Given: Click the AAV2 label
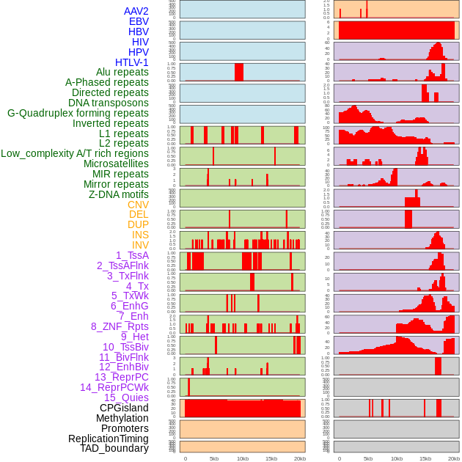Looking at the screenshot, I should (x=136, y=11).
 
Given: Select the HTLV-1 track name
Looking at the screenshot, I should (x=131, y=62).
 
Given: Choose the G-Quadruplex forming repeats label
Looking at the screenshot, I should (x=78, y=113).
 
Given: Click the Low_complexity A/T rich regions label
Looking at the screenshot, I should (x=75, y=153).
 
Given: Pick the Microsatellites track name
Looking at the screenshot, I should (x=116, y=164).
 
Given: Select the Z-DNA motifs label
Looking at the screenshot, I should (x=118, y=194).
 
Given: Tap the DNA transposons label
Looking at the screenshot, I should (x=109, y=103).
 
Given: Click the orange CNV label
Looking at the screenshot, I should (x=138, y=205).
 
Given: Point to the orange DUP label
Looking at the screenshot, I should (x=138, y=224).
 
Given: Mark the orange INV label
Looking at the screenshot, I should (x=140, y=245).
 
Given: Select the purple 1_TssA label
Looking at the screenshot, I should (x=132, y=255).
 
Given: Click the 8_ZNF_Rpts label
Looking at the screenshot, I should (x=120, y=326).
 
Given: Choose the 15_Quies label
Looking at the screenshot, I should (x=126, y=397).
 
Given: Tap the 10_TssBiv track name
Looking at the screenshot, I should (x=125, y=347).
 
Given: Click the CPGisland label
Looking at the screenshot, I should (x=124, y=408).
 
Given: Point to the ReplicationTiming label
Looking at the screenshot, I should (x=108, y=439).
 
